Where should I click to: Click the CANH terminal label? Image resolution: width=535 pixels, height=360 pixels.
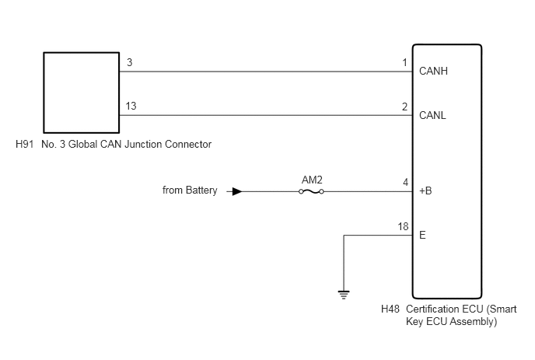(433, 71)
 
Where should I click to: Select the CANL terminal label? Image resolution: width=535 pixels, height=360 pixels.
(432, 115)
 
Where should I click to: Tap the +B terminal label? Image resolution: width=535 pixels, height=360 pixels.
(425, 190)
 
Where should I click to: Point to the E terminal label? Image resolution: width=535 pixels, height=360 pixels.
(422, 235)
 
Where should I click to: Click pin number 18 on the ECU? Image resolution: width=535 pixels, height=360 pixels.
(403, 226)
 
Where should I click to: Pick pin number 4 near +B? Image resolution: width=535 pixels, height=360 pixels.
(405, 183)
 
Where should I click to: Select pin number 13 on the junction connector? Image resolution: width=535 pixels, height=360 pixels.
(131, 106)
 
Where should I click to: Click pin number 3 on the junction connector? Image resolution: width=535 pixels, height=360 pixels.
(130, 62)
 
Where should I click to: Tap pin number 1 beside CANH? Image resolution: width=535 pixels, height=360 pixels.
(405, 63)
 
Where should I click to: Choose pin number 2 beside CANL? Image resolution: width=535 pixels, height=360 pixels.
(405, 107)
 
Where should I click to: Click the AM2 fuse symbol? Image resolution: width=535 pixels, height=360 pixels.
(311, 192)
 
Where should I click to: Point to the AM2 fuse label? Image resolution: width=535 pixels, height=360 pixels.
(312, 180)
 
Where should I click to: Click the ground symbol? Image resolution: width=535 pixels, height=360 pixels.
(344, 295)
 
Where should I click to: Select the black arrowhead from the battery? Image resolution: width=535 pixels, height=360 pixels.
(237, 192)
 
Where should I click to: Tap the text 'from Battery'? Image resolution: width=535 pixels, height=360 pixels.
(190, 190)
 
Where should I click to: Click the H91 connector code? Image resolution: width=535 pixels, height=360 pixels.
(25, 145)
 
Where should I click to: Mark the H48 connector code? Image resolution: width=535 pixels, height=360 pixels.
(390, 309)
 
